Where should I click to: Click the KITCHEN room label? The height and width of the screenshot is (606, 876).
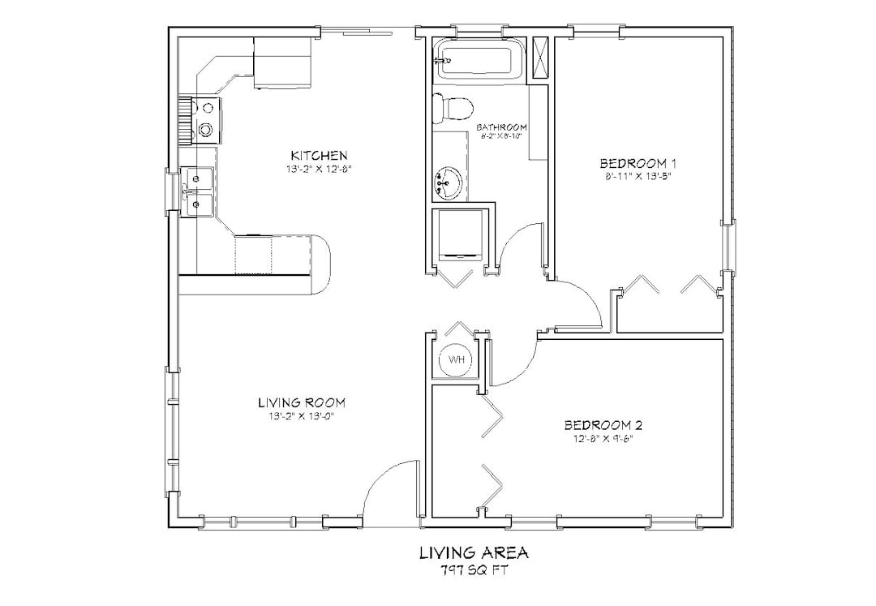pos(320,155)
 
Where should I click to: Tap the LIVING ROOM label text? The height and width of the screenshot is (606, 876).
pos(302,402)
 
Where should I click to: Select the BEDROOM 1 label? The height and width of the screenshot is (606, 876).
pos(638,161)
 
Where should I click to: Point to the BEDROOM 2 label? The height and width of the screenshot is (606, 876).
pos(603,425)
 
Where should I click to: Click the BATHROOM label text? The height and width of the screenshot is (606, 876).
pos(502,127)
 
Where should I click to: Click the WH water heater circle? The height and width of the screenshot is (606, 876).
pos(455,359)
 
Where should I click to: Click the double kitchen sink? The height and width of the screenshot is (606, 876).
pos(198,192)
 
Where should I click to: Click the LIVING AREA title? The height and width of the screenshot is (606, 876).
pos(474,553)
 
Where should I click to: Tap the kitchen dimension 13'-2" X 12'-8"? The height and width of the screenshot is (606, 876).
pos(319,169)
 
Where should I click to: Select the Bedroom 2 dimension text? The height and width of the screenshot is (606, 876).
pos(603,439)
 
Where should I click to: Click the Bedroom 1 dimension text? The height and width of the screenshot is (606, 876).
pos(638,175)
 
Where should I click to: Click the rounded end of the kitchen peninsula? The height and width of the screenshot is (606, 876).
pos(323,264)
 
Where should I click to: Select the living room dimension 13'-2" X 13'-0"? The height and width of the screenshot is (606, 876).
pos(302,416)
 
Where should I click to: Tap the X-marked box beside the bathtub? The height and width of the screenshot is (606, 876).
pos(539,57)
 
